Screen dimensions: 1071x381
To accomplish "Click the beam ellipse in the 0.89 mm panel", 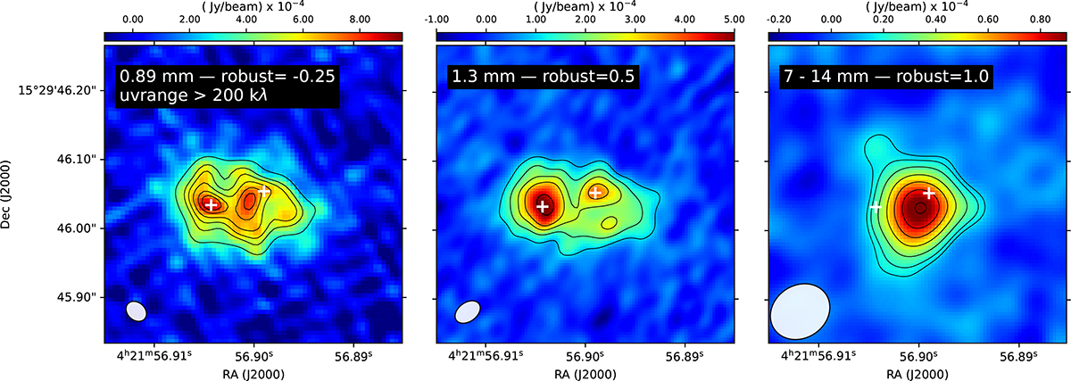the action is pos(137,311).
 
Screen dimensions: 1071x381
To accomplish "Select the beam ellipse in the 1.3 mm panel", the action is pos(467,312).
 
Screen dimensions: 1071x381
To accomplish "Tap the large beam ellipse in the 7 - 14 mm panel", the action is pos(800,311).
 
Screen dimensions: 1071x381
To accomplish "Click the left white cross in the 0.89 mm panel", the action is pos(211,204).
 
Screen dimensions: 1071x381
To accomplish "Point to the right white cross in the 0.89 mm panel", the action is pos(263,191).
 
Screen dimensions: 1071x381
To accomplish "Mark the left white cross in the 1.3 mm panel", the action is pos(543,206).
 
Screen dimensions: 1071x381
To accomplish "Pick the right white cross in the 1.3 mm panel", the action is pos(595,193).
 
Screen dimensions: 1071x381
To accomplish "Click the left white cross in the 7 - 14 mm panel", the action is pos(875,207).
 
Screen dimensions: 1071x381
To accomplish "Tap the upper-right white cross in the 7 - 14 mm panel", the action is pos(928,193).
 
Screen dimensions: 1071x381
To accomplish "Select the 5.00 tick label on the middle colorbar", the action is pos(734,19).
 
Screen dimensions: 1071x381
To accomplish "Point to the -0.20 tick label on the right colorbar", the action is pos(778,19).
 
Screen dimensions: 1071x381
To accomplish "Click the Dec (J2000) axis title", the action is pos(5,195).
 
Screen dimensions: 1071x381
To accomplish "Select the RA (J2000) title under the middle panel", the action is pos(585,374).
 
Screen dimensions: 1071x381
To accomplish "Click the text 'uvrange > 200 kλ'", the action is pos(193,95).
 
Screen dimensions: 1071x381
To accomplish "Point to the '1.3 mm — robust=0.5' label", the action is pos(543,76).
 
